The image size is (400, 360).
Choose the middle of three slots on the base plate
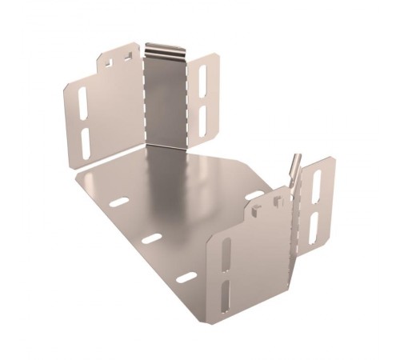pos(152,238)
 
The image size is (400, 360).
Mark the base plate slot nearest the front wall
pos(186,278)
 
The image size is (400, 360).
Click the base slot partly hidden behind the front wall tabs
pos(254,194)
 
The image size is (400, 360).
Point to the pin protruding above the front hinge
pos(297,165)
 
